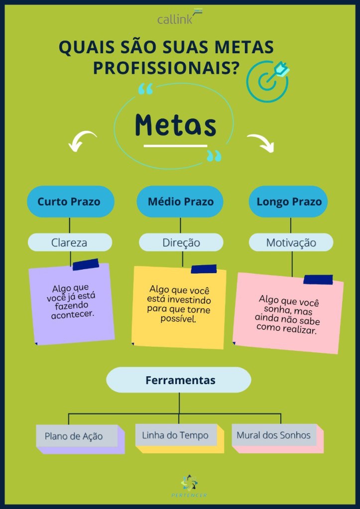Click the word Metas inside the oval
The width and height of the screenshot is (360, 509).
[175, 125]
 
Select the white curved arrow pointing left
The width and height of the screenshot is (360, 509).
[82, 141]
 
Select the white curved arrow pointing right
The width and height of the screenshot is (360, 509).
[262, 142]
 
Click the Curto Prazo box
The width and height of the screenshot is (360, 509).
[69, 202]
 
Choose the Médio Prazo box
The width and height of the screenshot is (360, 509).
[180, 202]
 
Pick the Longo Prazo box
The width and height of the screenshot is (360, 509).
[289, 202]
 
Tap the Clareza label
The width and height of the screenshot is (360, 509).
[69, 242]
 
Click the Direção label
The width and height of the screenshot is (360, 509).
[181, 242]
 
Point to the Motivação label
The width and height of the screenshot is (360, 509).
[291, 243]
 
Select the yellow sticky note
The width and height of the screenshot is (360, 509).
[179, 306]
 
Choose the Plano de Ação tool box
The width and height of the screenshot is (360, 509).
[77, 436]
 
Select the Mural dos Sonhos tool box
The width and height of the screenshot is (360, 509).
[274, 435]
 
